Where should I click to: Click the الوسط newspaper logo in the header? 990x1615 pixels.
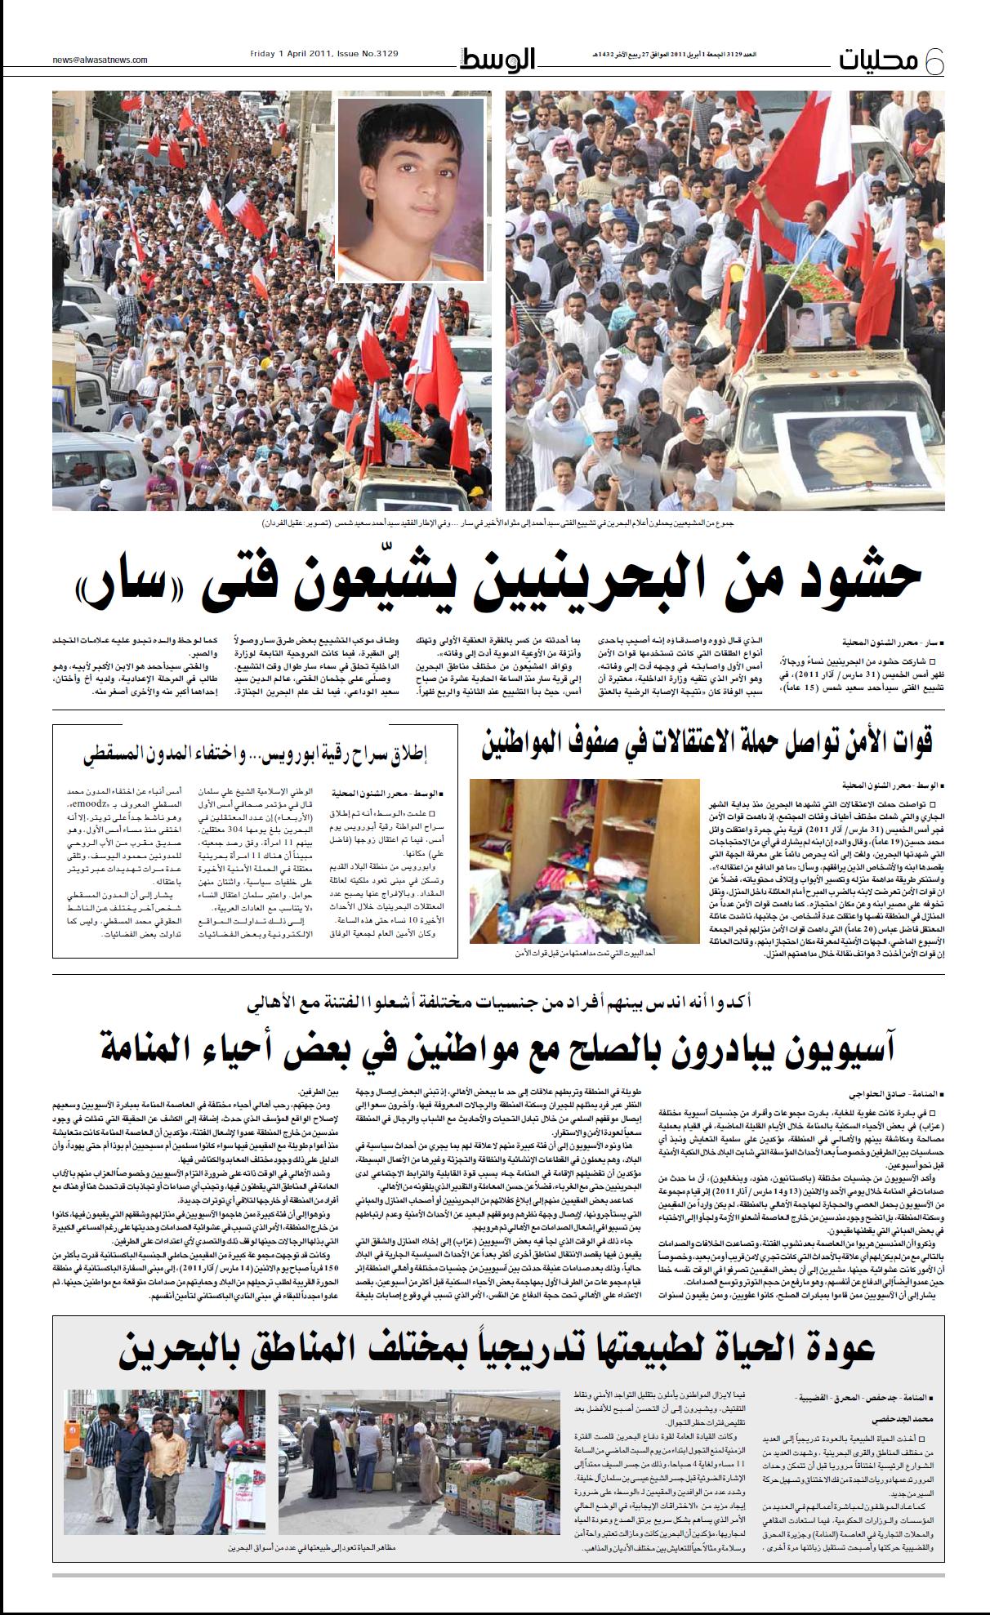[497, 60]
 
